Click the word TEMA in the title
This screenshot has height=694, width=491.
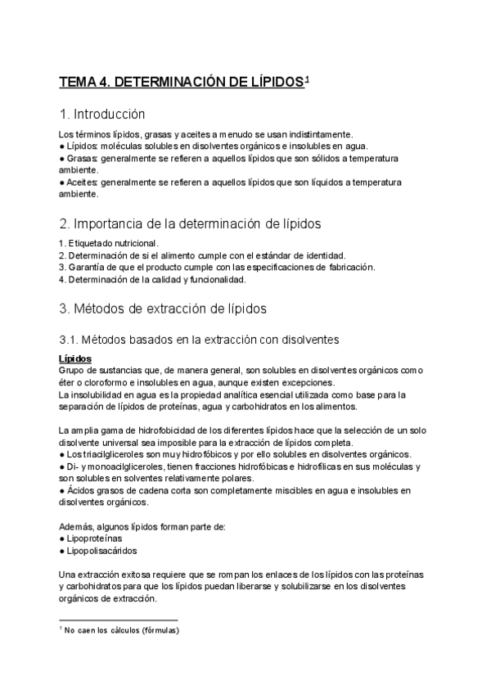[x=78, y=83]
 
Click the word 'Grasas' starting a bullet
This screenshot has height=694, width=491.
[x=82, y=157]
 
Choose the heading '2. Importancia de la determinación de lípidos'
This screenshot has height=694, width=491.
[x=191, y=223]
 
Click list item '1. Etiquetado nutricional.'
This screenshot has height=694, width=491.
[x=109, y=243]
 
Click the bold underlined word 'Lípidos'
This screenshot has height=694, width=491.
[x=75, y=358]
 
